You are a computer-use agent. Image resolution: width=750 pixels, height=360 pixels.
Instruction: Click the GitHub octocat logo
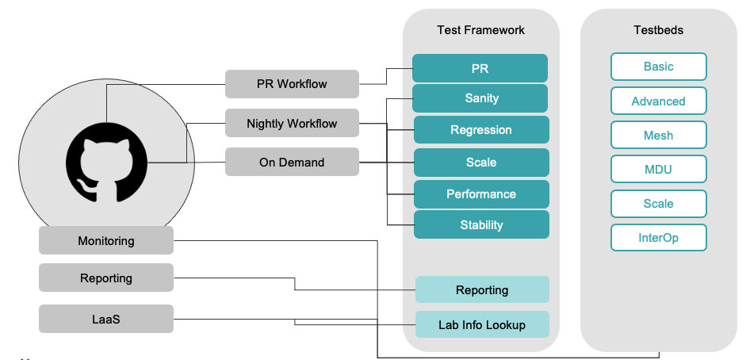tap(105, 163)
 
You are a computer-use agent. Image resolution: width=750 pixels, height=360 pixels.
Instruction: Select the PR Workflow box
tap(292, 83)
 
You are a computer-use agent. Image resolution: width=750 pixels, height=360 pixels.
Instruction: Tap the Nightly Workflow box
tap(292, 124)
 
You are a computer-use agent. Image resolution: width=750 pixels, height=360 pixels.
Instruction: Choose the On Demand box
tap(292, 163)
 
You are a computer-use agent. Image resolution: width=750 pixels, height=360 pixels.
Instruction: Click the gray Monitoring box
tap(106, 241)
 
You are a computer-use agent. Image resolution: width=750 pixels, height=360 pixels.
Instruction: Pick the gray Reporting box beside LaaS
tap(106, 278)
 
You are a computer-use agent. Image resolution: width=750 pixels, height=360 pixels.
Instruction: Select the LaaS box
tap(106, 319)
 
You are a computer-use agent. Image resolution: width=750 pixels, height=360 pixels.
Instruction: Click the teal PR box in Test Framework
tap(480, 69)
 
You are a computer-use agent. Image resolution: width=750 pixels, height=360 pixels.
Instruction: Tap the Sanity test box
tap(480, 99)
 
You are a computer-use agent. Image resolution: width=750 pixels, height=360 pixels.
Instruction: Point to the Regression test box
tap(481, 130)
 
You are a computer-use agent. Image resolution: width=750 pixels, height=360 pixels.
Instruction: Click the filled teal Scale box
tap(481, 163)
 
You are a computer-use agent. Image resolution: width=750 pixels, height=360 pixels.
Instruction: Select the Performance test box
tap(481, 194)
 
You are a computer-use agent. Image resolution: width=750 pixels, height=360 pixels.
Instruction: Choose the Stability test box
tap(481, 225)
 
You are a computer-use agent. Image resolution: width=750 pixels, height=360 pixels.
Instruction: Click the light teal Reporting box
tap(482, 290)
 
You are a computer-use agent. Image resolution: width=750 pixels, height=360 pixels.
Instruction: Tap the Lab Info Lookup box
tap(482, 325)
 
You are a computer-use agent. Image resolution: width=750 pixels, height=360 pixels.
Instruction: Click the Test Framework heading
tap(480, 30)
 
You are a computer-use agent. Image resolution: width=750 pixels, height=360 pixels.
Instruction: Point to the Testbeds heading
tap(658, 30)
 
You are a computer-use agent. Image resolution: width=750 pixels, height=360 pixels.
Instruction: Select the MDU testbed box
tap(658, 170)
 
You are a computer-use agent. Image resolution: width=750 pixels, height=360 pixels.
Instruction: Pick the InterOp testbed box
tap(658, 238)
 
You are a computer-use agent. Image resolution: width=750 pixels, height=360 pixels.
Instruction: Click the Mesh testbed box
tap(658, 136)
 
